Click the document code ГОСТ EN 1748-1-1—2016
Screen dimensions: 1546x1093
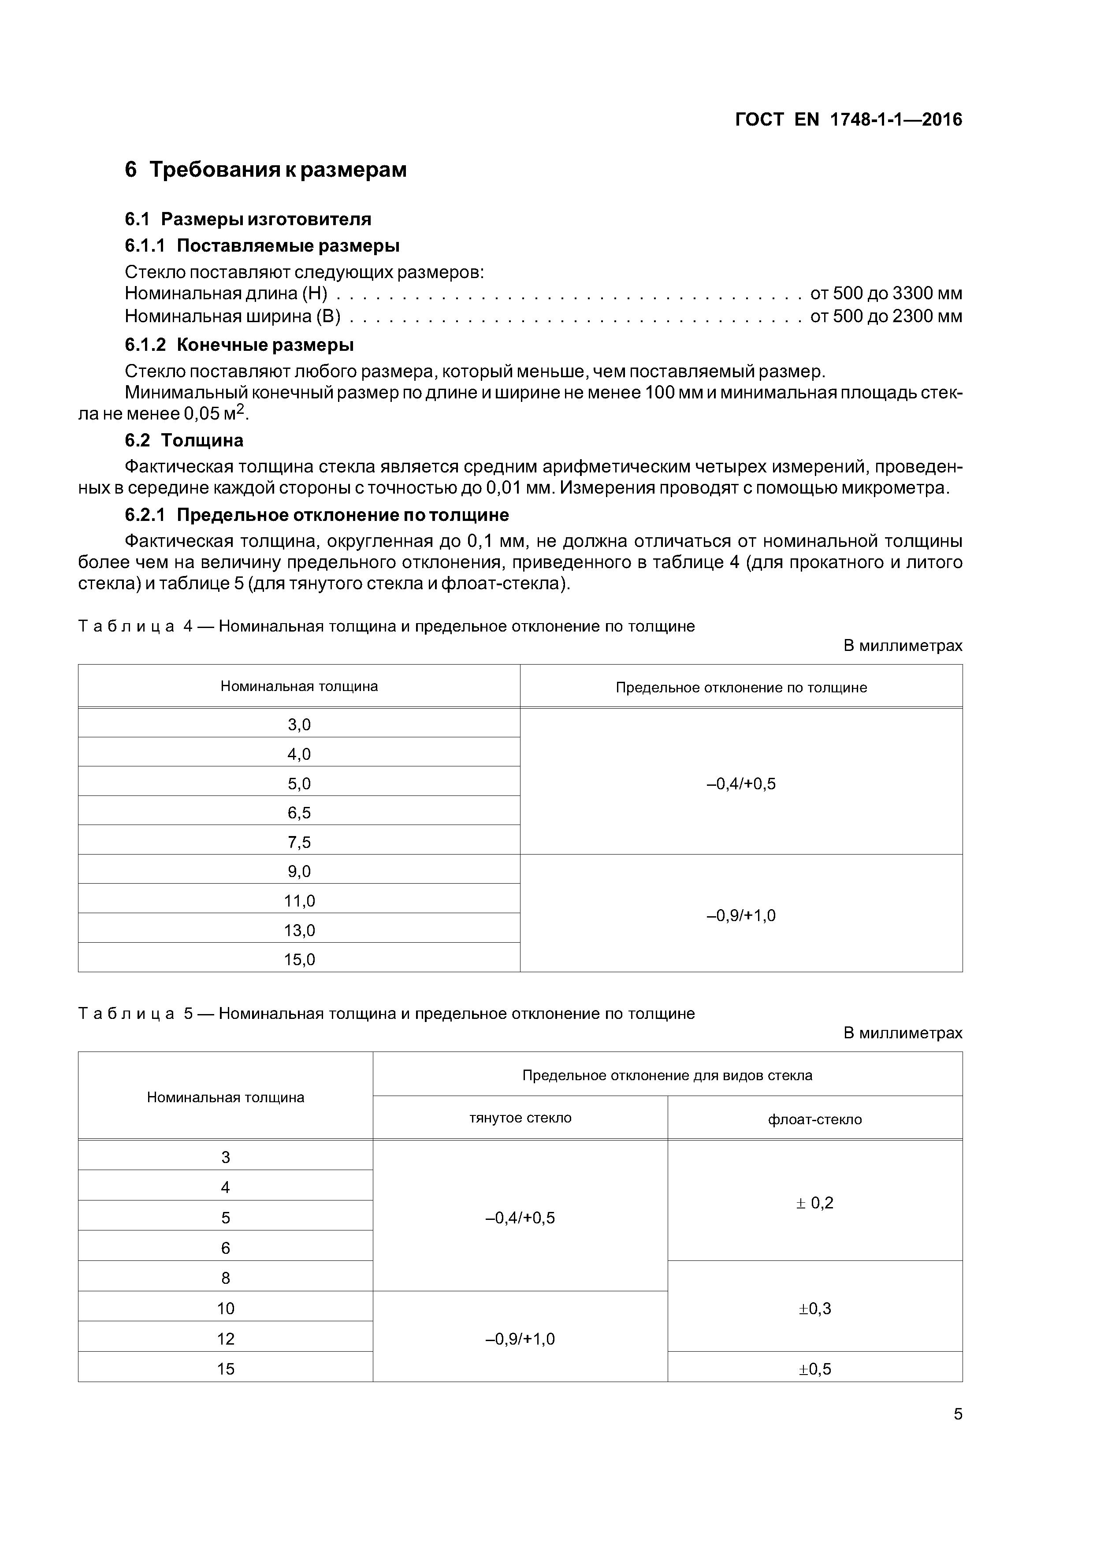(x=848, y=120)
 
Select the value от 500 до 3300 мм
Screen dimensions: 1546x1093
(x=885, y=294)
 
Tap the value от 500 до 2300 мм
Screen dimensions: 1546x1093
(x=885, y=316)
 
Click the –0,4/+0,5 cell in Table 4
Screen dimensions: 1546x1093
(x=741, y=784)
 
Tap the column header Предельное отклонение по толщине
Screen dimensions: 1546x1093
(x=741, y=688)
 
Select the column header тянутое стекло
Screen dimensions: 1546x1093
(x=520, y=1118)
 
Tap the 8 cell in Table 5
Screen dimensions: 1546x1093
(x=226, y=1278)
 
